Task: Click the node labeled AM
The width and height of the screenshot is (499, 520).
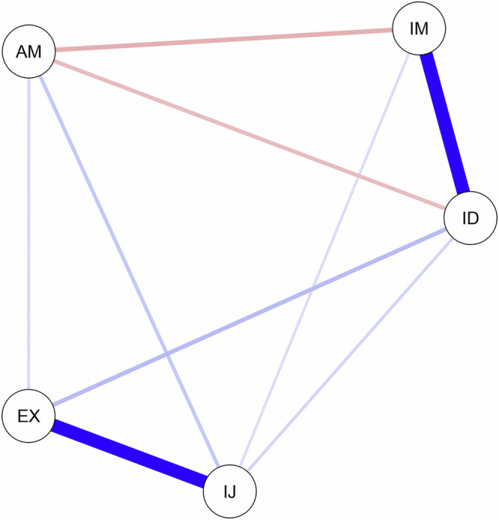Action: [x=28, y=52]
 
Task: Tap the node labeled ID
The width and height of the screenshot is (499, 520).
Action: [x=470, y=218]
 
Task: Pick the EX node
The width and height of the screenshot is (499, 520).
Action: [x=28, y=416]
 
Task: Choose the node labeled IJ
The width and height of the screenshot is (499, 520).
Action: [x=231, y=492]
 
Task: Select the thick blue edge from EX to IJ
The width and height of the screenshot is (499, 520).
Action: [x=130, y=454]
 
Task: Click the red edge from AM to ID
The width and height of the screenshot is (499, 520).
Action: [x=247, y=134]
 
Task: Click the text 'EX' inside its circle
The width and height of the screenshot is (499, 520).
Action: [x=28, y=416]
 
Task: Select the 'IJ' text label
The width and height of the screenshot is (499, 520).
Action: [x=231, y=492]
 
